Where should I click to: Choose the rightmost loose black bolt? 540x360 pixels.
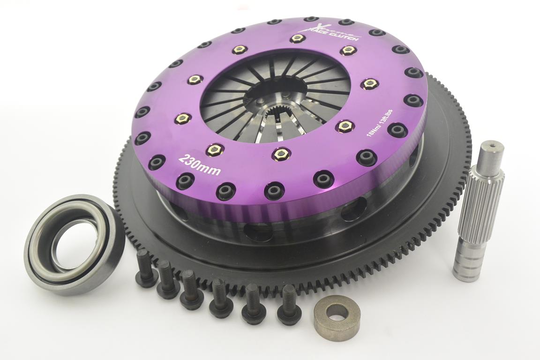pyautogui.click(x=289, y=305)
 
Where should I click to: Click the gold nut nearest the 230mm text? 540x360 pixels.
pyautogui.click(x=214, y=150)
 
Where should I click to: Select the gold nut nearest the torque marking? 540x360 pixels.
pyautogui.click(x=345, y=126)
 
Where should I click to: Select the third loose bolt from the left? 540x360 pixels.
pyautogui.click(x=191, y=291)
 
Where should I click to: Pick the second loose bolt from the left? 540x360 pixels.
pyautogui.click(x=167, y=280)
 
